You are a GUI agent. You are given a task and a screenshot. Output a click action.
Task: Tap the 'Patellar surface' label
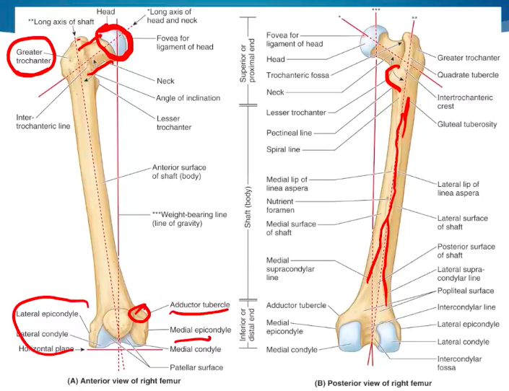pyautogui.click(x=194, y=367)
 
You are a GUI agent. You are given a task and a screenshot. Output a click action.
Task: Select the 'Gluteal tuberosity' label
pyautogui.click(x=467, y=124)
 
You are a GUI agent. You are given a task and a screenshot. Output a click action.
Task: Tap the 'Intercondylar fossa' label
pyautogui.click(x=460, y=364)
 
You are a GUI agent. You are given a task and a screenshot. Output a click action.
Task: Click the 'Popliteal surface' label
pyautogui.click(x=466, y=291)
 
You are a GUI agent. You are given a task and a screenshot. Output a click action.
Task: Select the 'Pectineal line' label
pyautogui.click(x=289, y=133)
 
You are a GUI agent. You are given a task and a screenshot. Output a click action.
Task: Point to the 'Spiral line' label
pyautogui.click(x=283, y=150)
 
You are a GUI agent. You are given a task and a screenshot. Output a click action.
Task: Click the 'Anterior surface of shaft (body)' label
pyautogui.click(x=177, y=171)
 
